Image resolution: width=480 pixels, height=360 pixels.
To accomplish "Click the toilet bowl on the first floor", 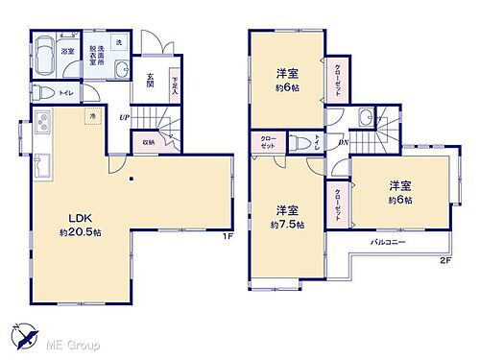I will click(44, 93).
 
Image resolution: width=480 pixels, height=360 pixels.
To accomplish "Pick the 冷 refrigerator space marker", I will click(93, 117).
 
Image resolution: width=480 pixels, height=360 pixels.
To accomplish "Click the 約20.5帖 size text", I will click(81, 234).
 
